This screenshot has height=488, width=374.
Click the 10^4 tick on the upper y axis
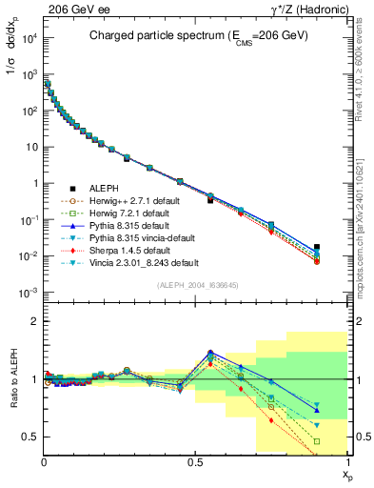pyautogui.click(x=26, y=38)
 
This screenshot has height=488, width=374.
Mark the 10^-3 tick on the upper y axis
pyautogui.click(x=26, y=293)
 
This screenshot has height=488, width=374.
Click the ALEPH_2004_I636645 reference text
pyautogui.click(x=196, y=284)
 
